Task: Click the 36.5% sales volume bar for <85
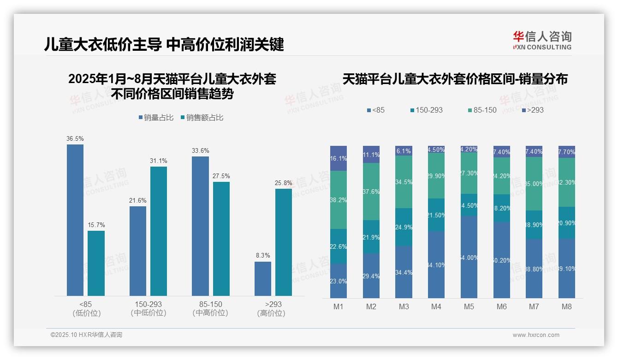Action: [75, 220]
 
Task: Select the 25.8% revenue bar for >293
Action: [284, 242]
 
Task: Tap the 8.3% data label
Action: [263, 255]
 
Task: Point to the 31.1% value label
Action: [158, 161]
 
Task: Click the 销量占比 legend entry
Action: [156, 118]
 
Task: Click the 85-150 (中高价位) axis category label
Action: [210, 309]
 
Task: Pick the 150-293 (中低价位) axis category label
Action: [148, 309]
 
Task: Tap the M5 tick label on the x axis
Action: [469, 306]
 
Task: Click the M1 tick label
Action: [339, 306]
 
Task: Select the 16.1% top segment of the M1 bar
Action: [339, 158]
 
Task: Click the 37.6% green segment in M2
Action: [371, 192]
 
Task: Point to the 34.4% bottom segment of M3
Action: [404, 272]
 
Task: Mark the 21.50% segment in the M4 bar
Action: [436, 215]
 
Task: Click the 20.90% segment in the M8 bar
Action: [566, 222]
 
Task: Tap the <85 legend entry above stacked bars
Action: [375, 110]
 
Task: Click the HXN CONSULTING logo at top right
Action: [542, 41]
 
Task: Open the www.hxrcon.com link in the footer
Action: [536, 335]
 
